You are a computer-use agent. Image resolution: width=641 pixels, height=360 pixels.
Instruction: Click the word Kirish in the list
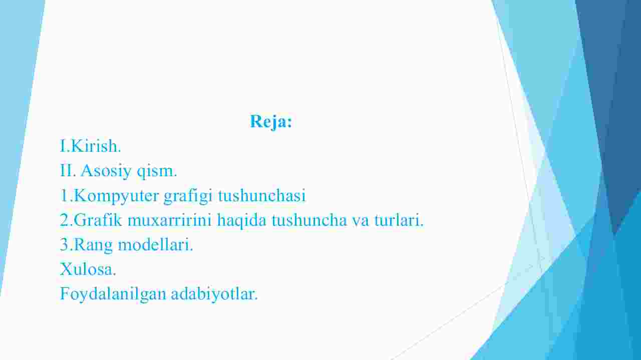[x=95, y=146]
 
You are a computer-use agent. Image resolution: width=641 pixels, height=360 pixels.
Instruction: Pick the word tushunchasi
[x=262, y=195]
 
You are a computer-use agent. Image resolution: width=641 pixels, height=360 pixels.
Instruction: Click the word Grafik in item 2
[x=98, y=220]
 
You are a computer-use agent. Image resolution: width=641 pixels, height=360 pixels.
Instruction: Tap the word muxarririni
[x=169, y=220]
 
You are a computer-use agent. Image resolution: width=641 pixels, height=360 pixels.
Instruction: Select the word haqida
[x=241, y=221]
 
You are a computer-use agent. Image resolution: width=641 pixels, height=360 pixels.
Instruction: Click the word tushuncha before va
[x=309, y=220]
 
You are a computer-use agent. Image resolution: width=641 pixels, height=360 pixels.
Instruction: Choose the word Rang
[x=93, y=245]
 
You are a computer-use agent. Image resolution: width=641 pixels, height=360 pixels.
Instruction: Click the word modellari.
[x=156, y=245]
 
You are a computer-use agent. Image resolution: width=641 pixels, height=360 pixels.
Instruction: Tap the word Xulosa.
[x=88, y=269]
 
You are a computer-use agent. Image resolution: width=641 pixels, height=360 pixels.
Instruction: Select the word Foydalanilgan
[x=113, y=294]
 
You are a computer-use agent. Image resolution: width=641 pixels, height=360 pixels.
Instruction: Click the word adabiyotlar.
[x=214, y=294]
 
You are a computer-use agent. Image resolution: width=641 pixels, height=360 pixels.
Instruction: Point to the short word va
[x=361, y=221]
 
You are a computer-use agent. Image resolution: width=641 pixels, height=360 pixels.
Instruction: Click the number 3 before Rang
[x=65, y=245]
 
